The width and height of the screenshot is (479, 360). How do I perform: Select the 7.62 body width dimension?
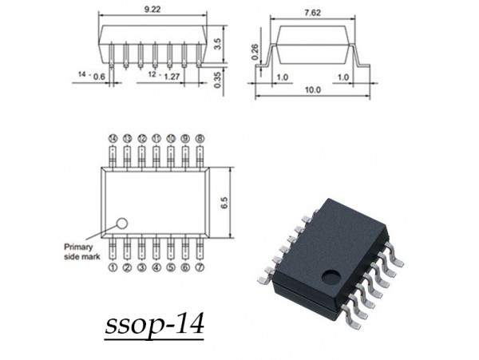pos(312,12)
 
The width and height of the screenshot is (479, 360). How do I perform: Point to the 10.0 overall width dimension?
pos(312,90)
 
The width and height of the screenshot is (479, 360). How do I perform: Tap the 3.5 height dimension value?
pos(229,38)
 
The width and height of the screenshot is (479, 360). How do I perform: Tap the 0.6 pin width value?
pos(100,77)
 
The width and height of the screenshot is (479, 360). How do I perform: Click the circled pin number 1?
pos(113,267)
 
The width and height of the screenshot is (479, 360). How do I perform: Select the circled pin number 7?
pos(200,267)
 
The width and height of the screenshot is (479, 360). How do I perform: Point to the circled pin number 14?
pos(113,138)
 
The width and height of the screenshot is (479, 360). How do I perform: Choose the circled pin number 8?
pos(200,138)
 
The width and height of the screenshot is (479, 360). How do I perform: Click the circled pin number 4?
pos(156,267)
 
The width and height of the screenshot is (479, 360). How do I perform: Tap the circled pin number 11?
pos(156,138)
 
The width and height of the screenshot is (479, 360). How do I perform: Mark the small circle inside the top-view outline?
pos(122,225)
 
